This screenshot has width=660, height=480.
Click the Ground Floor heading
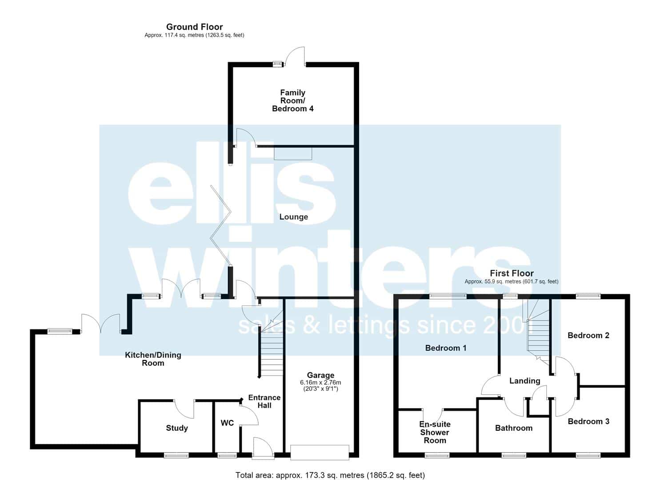point(195,27)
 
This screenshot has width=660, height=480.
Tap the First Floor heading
point(512,273)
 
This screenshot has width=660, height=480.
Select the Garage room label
point(320,375)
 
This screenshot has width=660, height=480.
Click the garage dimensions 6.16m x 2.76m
point(320,383)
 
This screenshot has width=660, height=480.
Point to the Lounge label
point(294,217)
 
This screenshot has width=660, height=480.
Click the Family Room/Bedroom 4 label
point(292,101)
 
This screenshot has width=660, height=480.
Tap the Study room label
point(177,428)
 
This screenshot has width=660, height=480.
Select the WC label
point(227,423)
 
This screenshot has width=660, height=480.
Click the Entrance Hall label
point(264,401)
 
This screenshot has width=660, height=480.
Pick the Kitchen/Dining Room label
point(153,359)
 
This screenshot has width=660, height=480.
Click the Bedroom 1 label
point(446,348)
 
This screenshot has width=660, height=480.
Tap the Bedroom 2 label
point(588,335)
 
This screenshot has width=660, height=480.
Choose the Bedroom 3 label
point(588,421)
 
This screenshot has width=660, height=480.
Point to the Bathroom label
point(514,428)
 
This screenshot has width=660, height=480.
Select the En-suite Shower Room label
point(435,432)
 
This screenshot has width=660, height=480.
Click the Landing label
point(525,381)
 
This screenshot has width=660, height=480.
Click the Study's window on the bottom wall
point(176,456)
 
